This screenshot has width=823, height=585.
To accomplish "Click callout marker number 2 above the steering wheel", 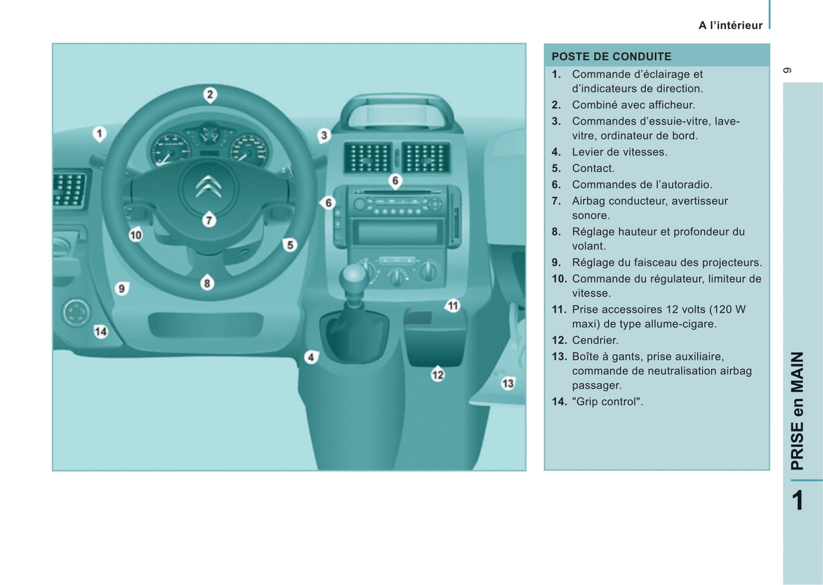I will click(210, 94).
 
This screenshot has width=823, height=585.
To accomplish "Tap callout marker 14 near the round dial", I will click(101, 331).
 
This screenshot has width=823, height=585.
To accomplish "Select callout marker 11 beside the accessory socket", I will click(453, 306).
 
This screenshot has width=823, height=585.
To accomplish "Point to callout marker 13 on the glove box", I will click(507, 383).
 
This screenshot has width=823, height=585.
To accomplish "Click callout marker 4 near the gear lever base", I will click(311, 357).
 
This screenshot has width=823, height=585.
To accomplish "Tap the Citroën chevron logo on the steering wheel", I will click(208, 187).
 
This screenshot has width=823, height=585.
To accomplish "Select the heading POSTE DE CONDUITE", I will click(611, 56).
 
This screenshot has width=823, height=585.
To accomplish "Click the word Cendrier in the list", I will click(595, 340).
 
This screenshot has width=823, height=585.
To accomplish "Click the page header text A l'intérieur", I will click(730, 25).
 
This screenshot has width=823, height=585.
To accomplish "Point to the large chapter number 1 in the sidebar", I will click(797, 500).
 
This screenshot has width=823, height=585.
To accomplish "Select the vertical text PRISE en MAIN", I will click(797, 411).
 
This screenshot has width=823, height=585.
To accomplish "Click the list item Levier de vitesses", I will click(619, 152).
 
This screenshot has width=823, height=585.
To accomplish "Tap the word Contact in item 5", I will click(593, 168).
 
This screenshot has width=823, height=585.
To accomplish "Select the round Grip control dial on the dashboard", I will click(76, 312).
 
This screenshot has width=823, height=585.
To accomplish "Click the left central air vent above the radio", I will click(367, 157).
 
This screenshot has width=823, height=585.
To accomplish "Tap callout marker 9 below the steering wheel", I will click(121, 289).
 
